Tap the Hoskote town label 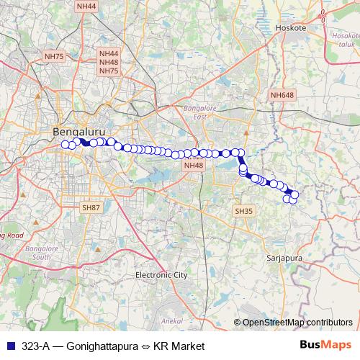point(291,27)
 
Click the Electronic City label point(161,275)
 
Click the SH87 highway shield point(91,207)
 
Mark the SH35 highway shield point(243,211)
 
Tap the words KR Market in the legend point(178,346)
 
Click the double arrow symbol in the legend point(147,346)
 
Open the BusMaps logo point(325,346)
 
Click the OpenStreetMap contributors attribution point(297,323)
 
